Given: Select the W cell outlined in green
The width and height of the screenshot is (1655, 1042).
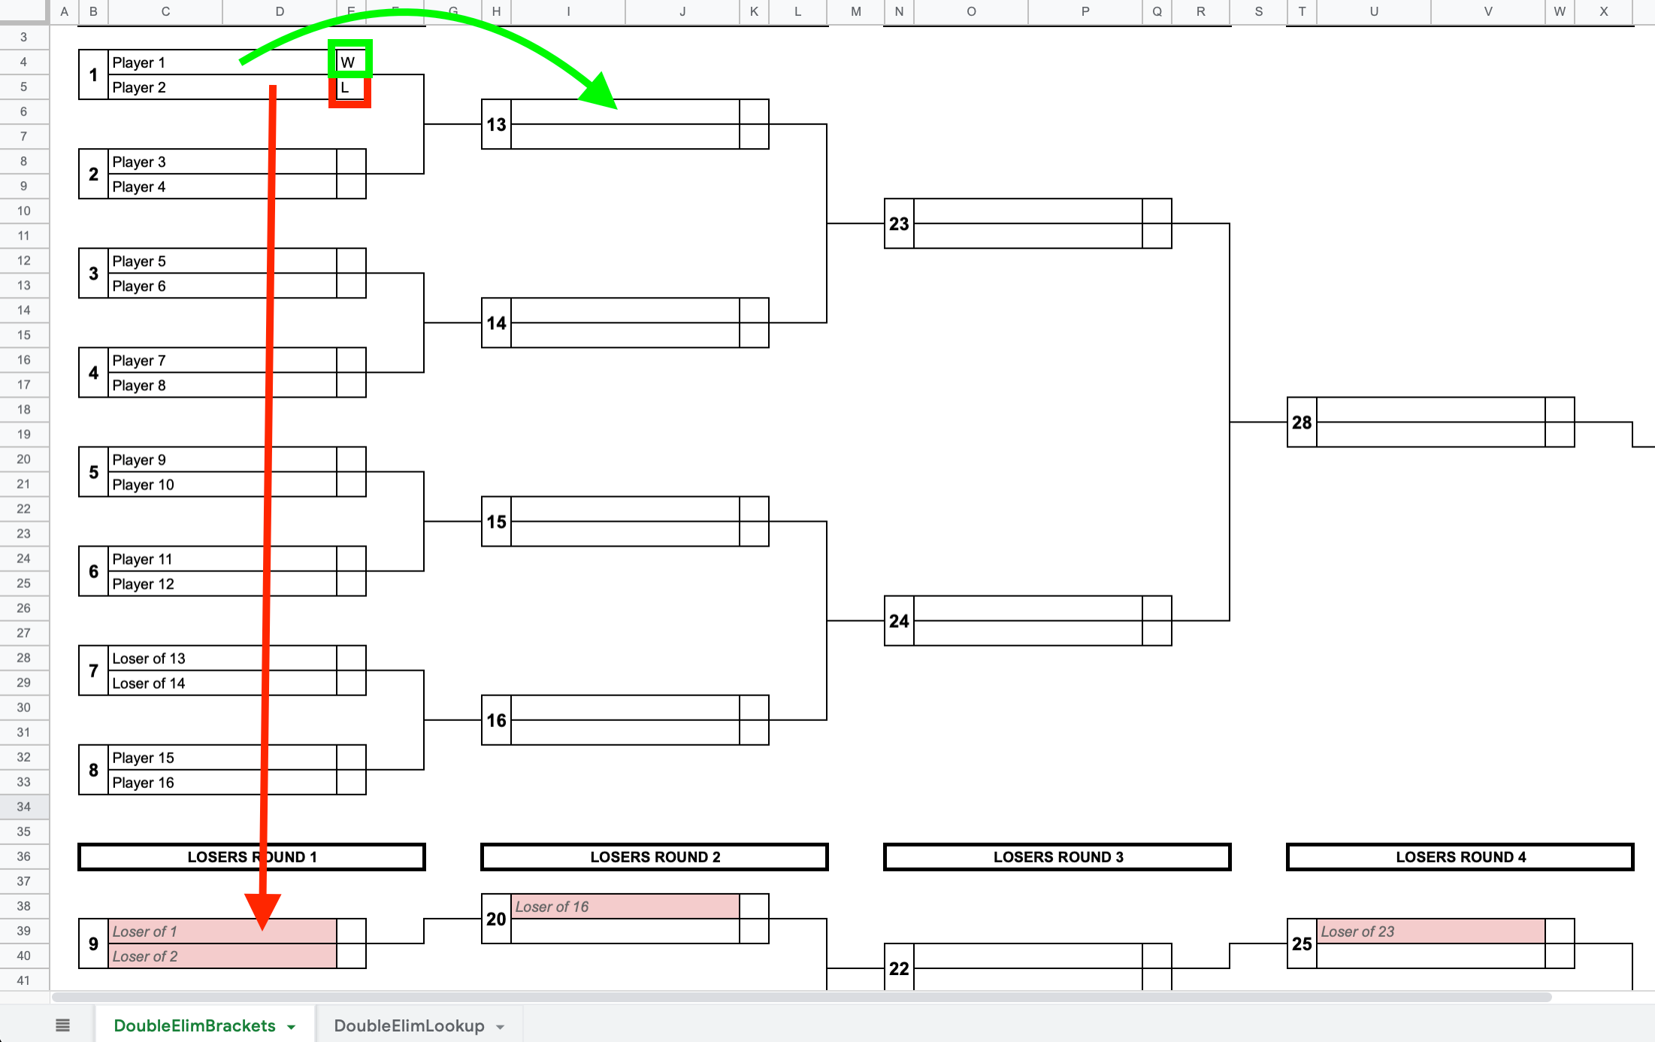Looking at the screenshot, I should tap(350, 62).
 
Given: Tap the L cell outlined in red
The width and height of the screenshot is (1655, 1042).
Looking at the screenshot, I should tap(350, 88).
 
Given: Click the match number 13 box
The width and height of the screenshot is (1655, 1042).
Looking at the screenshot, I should tap(496, 124).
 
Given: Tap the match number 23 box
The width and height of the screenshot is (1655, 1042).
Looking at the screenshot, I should tap(899, 224).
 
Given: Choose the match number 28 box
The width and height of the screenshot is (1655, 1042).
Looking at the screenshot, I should tap(1302, 423).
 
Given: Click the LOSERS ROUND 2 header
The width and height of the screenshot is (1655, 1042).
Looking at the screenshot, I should tap(655, 857).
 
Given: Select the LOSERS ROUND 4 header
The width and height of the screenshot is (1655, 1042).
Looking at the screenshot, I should tap(1460, 857).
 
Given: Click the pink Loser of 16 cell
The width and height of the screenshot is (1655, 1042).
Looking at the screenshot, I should tap(625, 907).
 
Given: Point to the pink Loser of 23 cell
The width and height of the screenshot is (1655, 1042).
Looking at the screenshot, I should tap(1430, 931).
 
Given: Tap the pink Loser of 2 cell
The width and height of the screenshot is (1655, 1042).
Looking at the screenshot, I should tap(222, 956).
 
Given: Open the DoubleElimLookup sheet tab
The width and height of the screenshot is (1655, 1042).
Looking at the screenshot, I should tap(410, 1025).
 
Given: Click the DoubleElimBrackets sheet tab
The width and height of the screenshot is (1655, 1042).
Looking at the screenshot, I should tap(195, 1025).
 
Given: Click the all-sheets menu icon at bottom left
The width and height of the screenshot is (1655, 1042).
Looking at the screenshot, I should tap(63, 1025).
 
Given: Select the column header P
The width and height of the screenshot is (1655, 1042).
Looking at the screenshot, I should tap(1085, 11).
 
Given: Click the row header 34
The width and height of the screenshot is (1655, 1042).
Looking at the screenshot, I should tap(24, 807).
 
